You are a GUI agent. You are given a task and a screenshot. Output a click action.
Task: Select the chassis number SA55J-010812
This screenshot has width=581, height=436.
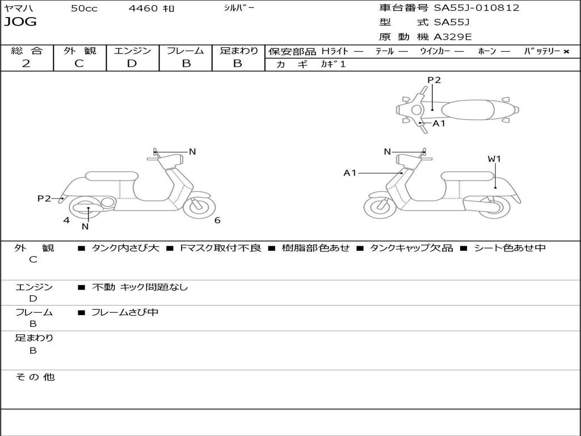coord(477,8)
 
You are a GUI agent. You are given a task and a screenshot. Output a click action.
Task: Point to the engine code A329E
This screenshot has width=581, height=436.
coord(453,37)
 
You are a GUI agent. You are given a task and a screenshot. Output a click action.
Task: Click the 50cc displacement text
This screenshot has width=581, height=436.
coord(84,9)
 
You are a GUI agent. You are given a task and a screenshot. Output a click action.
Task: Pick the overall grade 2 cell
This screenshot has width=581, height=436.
coord(26,63)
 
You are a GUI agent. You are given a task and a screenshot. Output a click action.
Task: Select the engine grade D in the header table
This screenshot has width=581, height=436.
coord(132,63)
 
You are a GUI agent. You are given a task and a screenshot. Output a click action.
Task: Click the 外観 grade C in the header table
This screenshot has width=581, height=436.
coord(79,63)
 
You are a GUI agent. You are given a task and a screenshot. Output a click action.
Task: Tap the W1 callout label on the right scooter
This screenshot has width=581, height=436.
coord(494,159)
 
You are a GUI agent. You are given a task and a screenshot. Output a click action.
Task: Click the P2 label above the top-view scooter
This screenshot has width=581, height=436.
coord(434,80)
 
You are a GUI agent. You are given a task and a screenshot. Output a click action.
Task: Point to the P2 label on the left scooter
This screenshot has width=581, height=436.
coord(44,198)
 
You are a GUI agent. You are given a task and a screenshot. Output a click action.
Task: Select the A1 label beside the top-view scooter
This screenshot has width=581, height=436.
coord(439,123)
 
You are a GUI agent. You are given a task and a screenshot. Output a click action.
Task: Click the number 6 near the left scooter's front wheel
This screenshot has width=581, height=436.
coord(217,220)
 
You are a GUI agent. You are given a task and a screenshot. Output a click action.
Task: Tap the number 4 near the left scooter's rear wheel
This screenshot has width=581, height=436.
coord(66,220)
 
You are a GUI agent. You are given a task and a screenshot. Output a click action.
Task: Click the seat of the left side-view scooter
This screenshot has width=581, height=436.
coord(111,177)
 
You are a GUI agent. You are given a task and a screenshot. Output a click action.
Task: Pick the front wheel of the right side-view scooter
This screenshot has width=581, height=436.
coord(380,207)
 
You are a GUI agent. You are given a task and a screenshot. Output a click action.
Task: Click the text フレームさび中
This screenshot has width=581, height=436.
coord(125,312)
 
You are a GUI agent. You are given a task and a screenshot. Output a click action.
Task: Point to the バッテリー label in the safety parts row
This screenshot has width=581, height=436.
coord(542,51)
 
